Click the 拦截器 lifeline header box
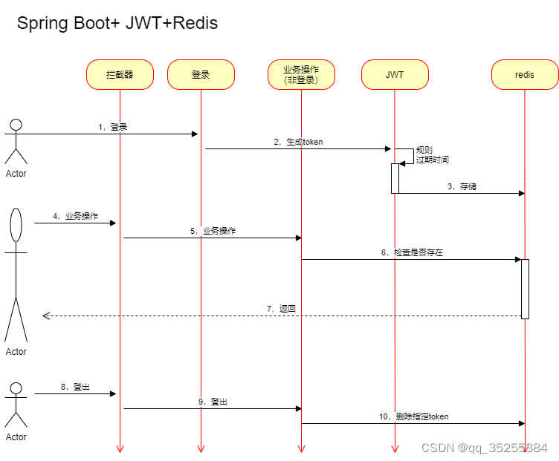[120, 75]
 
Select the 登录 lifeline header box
[201, 75]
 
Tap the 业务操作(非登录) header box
[301, 75]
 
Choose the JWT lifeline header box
[395, 75]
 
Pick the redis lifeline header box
[524, 75]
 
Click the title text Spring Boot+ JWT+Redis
[117, 23]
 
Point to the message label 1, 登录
[113, 127]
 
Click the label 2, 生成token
[298, 142]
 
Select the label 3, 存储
[462, 186]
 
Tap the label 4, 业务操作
[75, 216]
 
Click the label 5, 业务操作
[213, 231]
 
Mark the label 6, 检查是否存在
[412, 252]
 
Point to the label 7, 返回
[282, 308]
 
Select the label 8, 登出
[75, 387]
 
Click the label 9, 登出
[213, 402]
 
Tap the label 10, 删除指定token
[413, 416]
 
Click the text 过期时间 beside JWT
[433, 160]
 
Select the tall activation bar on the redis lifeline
[525, 289]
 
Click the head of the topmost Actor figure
[16, 124]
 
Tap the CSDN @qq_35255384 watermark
[484, 448]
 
